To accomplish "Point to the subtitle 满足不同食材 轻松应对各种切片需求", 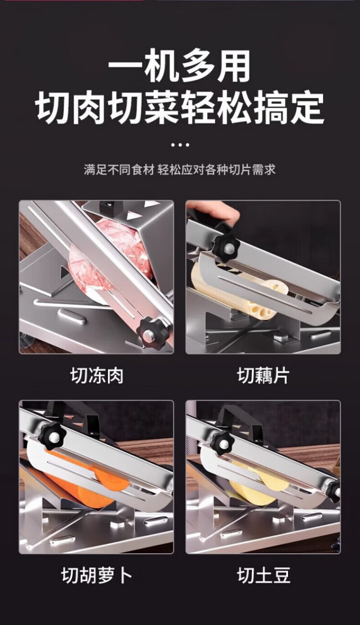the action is point(180,170).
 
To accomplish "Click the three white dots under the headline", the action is point(180,145).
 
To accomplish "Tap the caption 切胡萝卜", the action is point(96,575).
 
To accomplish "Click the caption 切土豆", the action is point(264,575).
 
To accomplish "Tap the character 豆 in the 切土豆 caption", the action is point(281,575).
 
